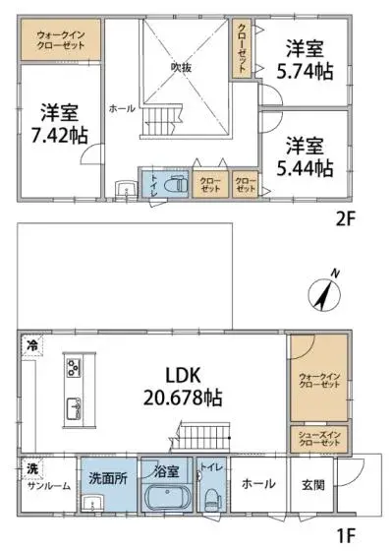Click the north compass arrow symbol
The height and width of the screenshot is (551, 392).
pyautogui.click(x=327, y=291)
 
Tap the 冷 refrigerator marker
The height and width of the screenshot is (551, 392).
pyautogui.click(x=31, y=344)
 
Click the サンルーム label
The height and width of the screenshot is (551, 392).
pyautogui.click(x=47, y=485)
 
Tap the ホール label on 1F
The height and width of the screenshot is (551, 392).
pyautogui.click(x=258, y=483)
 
